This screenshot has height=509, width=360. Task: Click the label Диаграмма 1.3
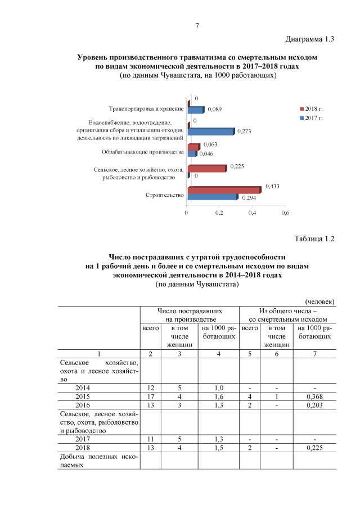coord(310,39)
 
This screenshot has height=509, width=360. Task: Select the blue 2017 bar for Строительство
coord(213,197)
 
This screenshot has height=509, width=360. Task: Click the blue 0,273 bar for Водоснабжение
coord(210,131)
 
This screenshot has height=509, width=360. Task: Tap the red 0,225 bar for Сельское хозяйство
coord(207,168)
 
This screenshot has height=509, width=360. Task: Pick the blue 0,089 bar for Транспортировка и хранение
coord(195,110)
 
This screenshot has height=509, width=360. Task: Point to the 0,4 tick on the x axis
coord(252,213)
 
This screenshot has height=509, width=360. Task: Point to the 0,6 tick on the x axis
coord(285,213)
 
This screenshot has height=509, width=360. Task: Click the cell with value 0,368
coord(314,396)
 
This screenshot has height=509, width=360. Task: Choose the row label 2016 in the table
coord(82,405)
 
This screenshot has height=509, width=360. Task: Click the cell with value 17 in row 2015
coord(150,396)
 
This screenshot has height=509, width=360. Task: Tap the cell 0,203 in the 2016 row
coord(314,405)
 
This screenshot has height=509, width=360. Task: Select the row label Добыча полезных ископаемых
coord(98,462)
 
